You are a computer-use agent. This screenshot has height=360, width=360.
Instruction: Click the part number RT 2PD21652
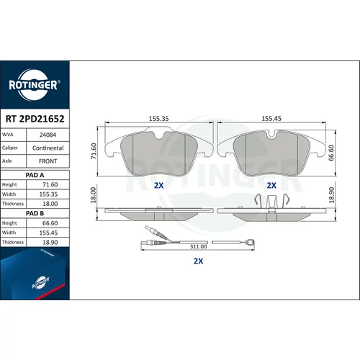click(35, 119)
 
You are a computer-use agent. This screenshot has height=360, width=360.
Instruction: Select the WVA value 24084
click(48, 135)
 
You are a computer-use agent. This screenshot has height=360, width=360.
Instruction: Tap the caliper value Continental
click(48, 148)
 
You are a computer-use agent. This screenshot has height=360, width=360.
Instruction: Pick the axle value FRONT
click(48, 161)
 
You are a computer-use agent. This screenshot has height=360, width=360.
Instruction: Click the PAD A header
click(35, 175)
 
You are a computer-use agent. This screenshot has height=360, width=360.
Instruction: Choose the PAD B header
click(35, 213)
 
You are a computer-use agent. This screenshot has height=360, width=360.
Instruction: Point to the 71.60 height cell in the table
click(50, 184)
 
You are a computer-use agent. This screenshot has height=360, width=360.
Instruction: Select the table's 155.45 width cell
click(48, 233)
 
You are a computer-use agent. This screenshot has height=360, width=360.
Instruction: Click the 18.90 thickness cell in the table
click(50, 243)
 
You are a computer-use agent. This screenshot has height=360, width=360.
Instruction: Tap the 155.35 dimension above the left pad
click(159, 119)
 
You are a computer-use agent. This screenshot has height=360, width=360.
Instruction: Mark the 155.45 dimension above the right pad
click(271, 118)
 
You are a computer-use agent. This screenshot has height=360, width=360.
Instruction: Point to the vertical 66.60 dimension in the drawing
click(331, 153)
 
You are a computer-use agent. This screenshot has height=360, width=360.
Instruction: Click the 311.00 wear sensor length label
click(198, 246)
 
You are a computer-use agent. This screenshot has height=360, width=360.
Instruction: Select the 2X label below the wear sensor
click(198, 261)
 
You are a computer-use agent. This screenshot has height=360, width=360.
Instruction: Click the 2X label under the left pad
click(158, 185)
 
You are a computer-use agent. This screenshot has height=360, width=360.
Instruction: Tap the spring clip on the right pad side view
click(271, 200)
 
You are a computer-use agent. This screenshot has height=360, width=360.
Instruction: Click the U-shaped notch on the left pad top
click(158, 135)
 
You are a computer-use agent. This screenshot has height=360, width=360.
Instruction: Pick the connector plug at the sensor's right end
click(251, 242)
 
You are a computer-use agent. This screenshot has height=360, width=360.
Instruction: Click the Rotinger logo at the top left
click(33, 85)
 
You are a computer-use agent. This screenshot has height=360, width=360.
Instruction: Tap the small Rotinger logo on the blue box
click(41, 282)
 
